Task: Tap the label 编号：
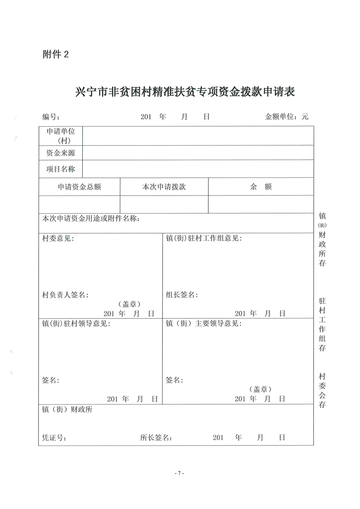[x=51, y=117]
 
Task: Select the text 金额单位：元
[x=286, y=117]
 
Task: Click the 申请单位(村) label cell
[x=61, y=136]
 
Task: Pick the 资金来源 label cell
[x=61, y=153]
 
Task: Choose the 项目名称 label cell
[x=61, y=169]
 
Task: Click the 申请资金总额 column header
[x=79, y=187]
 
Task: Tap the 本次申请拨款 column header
[x=164, y=187]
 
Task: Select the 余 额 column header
[x=261, y=187]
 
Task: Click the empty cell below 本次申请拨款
[x=164, y=204]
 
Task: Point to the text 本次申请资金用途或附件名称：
[x=91, y=219]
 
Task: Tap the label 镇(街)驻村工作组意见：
[x=204, y=239]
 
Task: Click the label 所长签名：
[x=157, y=438]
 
